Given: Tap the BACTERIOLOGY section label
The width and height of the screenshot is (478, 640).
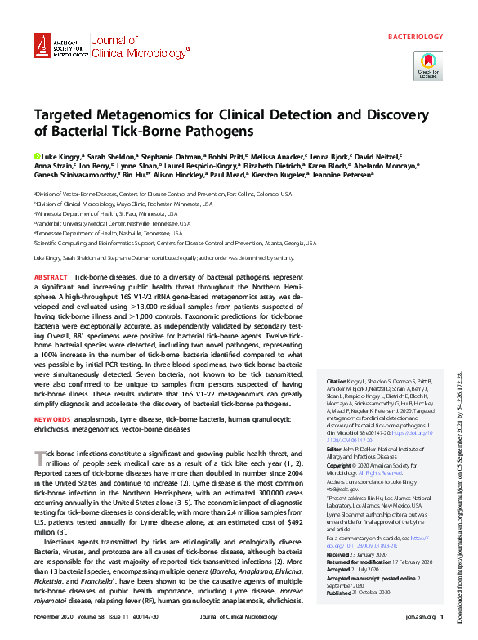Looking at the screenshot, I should click(413, 38).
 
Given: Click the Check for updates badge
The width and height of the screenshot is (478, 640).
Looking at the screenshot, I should click(427, 65).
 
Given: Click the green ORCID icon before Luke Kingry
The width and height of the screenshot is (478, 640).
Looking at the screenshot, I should click(37, 155).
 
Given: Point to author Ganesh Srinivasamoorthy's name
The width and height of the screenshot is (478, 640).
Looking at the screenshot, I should click(74, 174).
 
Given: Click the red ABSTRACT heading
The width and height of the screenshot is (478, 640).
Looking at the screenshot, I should click(51, 279).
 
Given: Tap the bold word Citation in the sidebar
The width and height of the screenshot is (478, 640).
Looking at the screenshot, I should click(335, 382).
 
